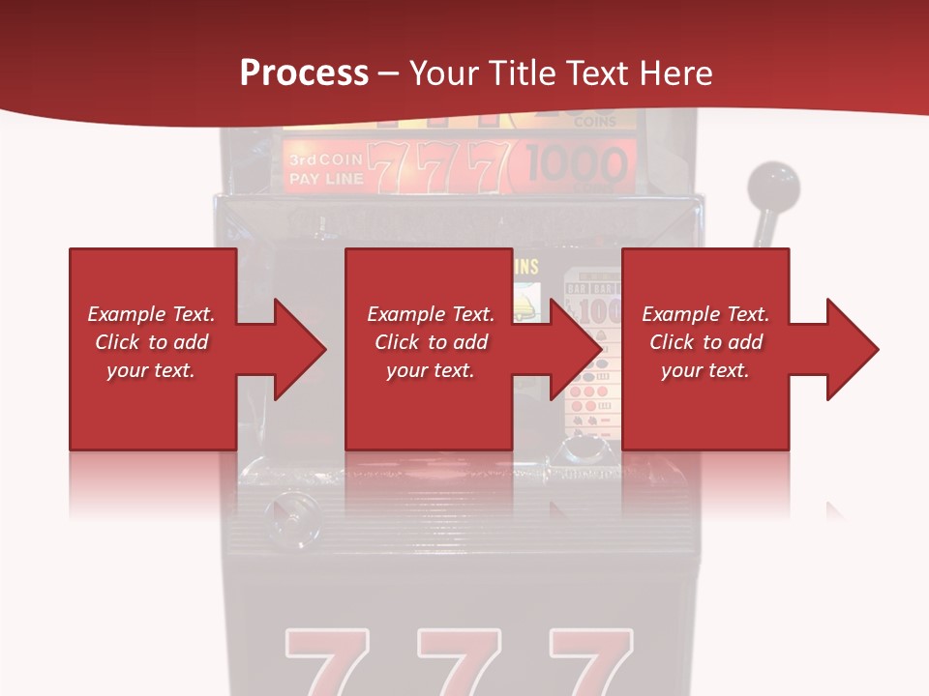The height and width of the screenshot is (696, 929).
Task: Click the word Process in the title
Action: pyautogui.click(x=304, y=73)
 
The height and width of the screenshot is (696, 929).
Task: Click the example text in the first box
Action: pyautogui.click(x=151, y=342)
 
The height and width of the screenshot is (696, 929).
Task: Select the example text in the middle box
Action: pyautogui.click(x=431, y=342)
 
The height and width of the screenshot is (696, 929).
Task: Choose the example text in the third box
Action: pyautogui.click(x=705, y=342)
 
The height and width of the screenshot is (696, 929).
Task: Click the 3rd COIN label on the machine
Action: pyautogui.click(x=324, y=159)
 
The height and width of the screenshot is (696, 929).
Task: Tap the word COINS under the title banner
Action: pyautogui.click(x=595, y=123)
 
